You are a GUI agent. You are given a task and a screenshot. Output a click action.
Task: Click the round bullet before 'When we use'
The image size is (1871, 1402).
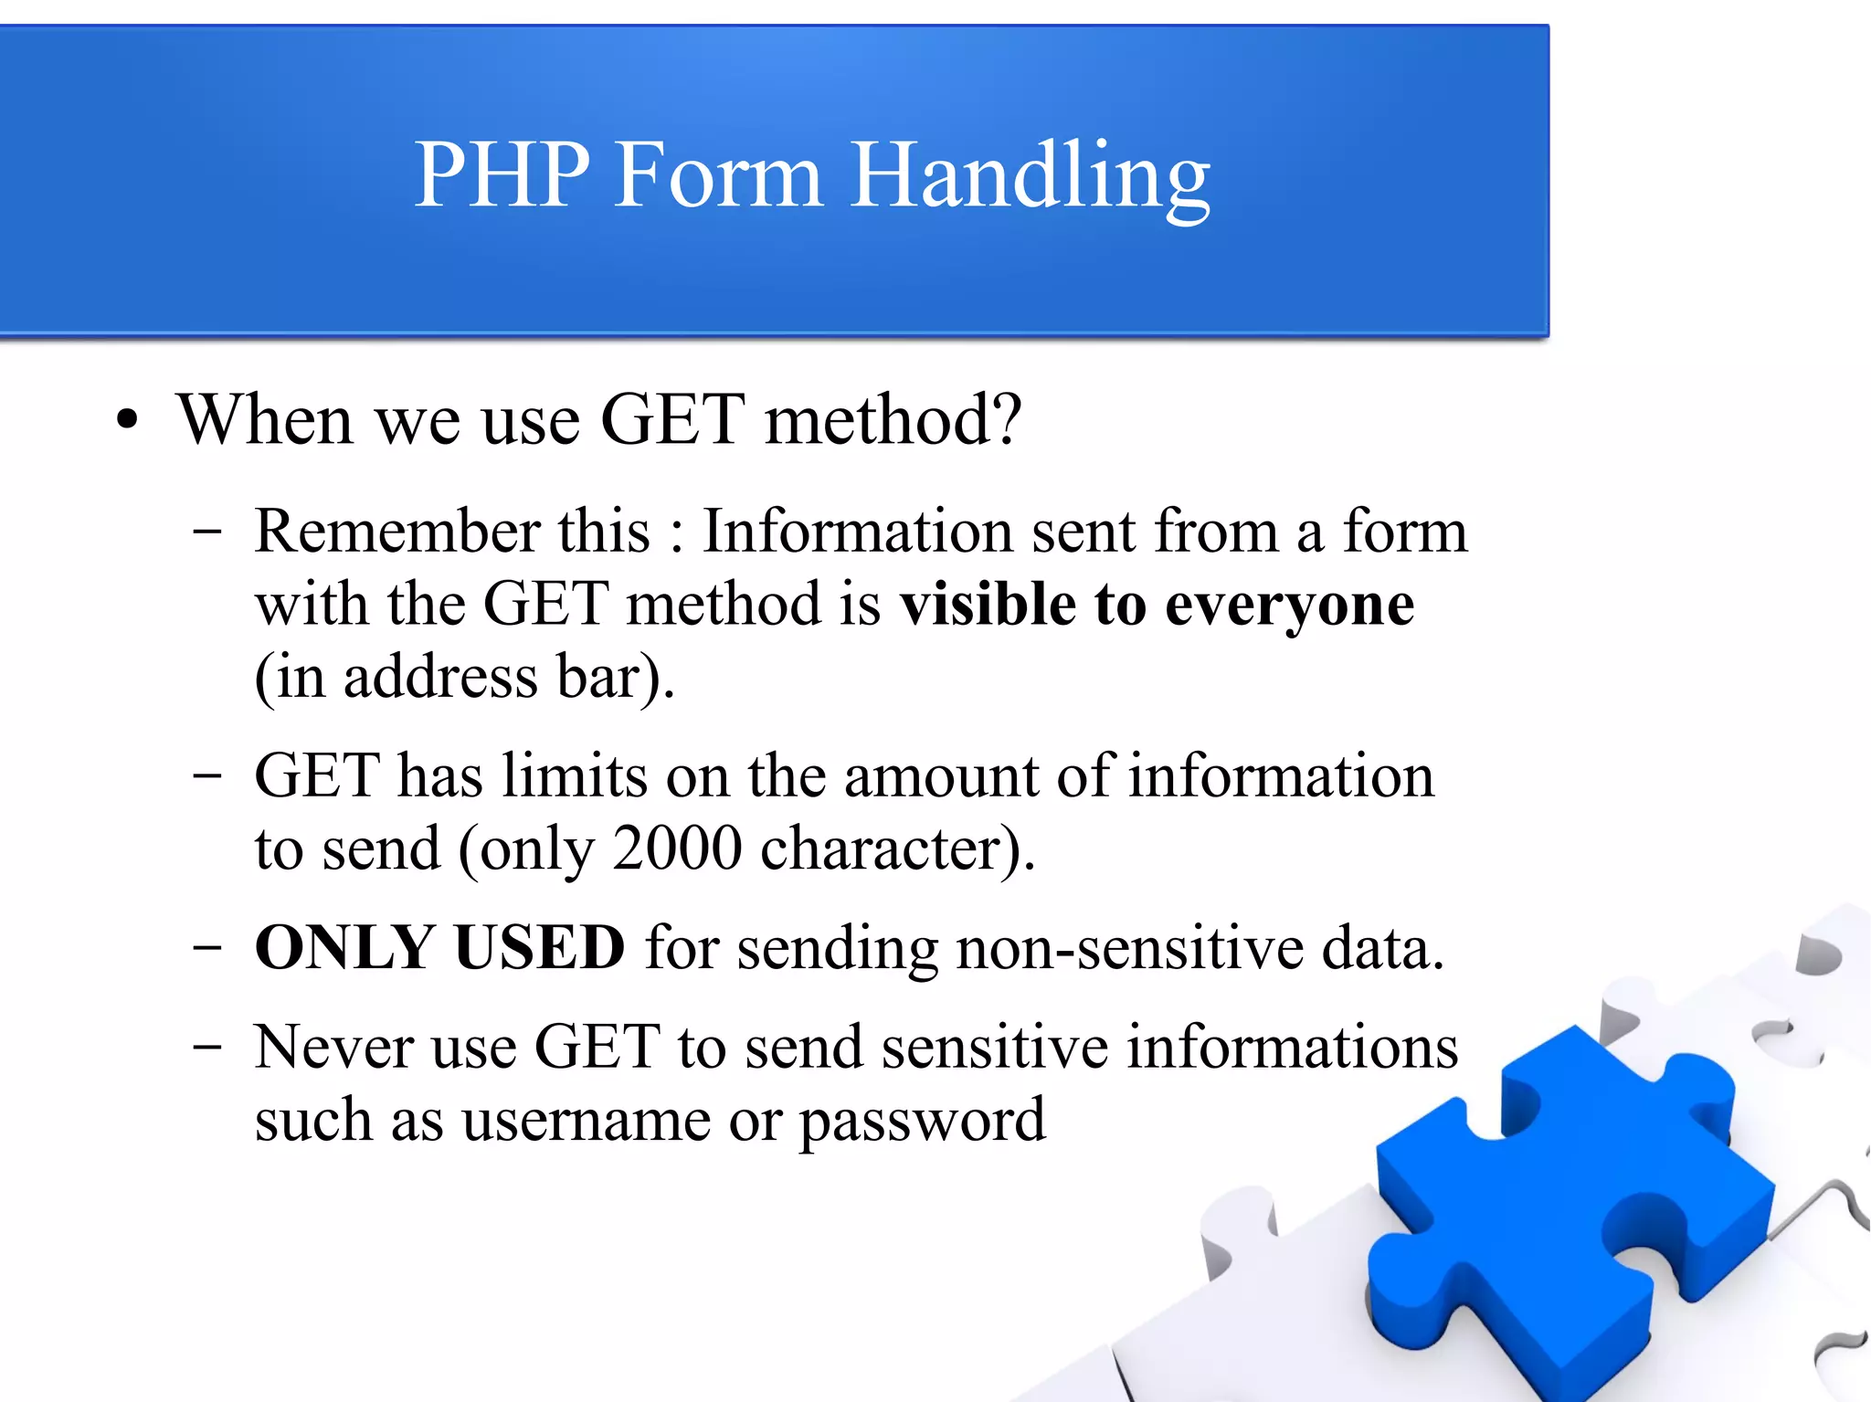tap(127, 421)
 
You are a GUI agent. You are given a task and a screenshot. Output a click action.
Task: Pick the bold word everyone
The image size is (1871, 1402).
tap(1289, 606)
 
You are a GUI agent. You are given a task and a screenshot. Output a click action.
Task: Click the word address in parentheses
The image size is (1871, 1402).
tap(440, 677)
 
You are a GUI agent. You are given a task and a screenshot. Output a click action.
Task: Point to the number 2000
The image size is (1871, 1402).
tap(677, 849)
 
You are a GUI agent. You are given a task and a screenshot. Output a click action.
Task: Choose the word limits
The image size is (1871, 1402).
tap(575, 775)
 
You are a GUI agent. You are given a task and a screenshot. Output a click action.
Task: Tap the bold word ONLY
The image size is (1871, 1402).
tap(344, 947)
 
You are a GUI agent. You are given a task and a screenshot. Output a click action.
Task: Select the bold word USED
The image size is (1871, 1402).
tap(539, 947)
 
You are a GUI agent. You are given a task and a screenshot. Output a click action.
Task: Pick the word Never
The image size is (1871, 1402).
tap(333, 1047)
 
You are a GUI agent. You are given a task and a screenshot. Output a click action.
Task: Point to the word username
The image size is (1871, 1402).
tap(586, 1121)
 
